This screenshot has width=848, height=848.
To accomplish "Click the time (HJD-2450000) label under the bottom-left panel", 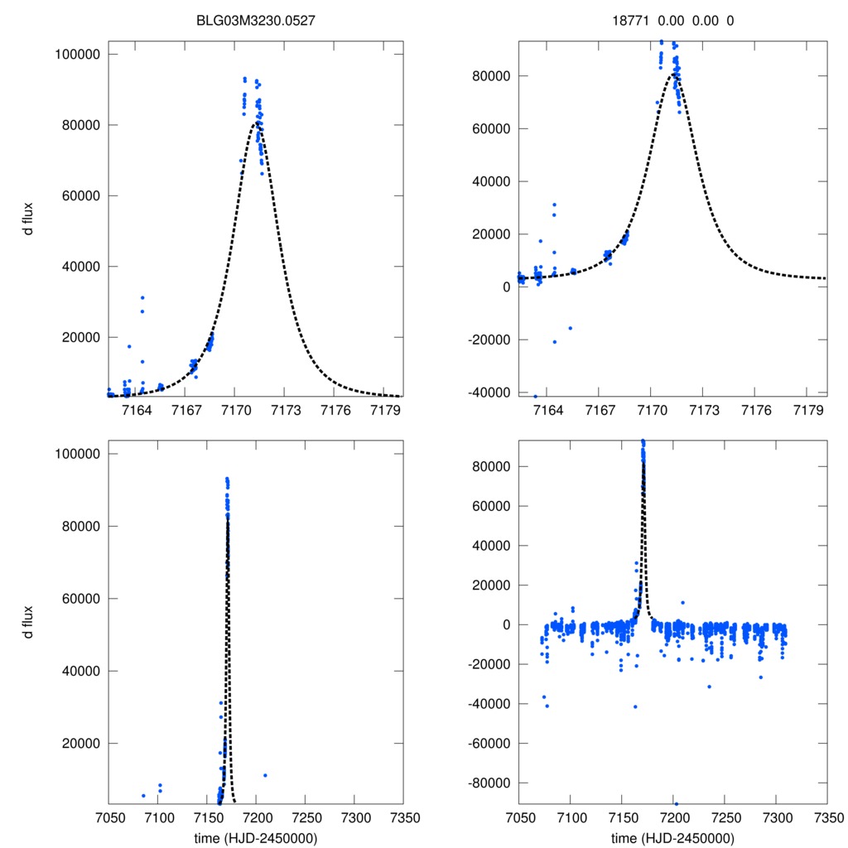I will coord(255,838).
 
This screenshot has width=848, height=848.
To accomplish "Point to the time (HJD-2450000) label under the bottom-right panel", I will coord(672,838).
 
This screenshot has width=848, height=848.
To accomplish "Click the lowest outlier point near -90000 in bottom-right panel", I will coord(676,804).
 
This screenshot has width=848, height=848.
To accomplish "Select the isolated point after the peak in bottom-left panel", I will coord(265,775).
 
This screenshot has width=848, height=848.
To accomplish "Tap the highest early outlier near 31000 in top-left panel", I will coord(142,297).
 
